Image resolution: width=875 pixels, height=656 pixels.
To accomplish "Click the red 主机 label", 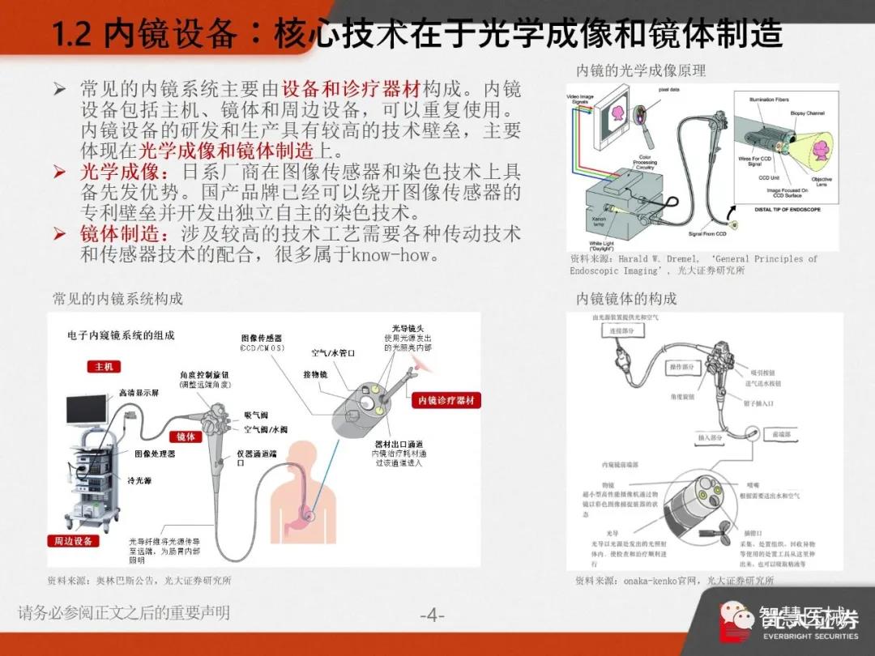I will coord(103,367).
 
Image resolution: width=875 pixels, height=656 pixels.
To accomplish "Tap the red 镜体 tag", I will coord(186,437).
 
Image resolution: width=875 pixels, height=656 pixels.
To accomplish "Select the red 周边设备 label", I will coord(74,541).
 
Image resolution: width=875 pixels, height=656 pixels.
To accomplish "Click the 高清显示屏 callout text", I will coord(139,392).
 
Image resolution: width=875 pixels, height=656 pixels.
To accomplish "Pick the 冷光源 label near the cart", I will coord(139,480).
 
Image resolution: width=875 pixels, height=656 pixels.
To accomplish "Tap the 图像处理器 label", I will coord(155,454).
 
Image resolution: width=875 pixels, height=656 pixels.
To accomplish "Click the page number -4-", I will coord(433,616).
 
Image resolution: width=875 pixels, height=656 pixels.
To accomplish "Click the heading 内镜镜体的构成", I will coord(626,299).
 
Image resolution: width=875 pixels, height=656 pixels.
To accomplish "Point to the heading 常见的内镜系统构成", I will coord(117,299).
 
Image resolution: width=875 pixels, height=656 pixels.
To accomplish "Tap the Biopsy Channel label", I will coord(807,113).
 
